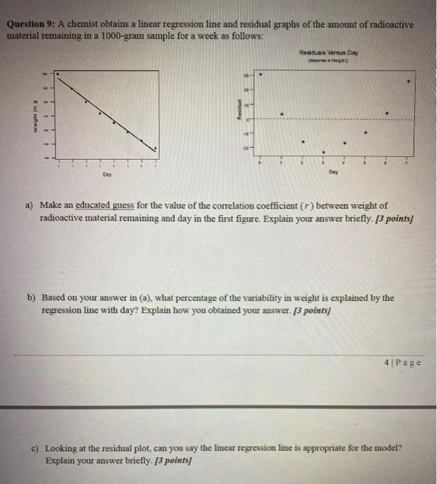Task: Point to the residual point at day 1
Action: pyautogui.click(x=281, y=113)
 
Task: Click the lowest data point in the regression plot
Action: pyautogui.click(x=155, y=148)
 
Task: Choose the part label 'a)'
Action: pyautogui.click(x=30, y=205)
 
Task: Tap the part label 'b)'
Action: pyautogui.click(x=31, y=298)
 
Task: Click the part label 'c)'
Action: pyautogui.click(x=31, y=447)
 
